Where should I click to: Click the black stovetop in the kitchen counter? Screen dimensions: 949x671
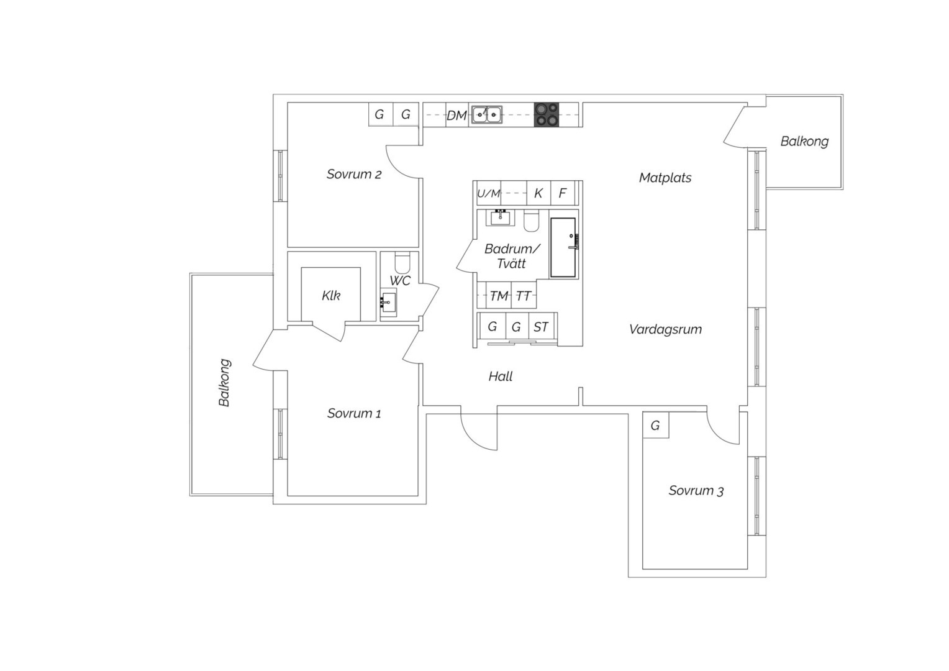(x=546, y=114)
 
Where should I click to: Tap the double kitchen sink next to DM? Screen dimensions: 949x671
(x=487, y=114)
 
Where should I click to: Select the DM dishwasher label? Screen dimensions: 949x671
(x=456, y=116)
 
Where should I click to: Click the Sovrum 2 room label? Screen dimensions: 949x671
(x=354, y=174)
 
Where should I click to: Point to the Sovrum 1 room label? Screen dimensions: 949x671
(x=354, y=413)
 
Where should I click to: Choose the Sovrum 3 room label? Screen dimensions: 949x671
(x=696, y=491)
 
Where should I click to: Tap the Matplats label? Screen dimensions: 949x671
(x=665, y=178)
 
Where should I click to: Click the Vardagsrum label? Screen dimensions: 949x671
(x=665, y=329)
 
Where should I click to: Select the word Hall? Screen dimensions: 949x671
(x=501, y=377)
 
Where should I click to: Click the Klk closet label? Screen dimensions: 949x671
(x=331, y=296)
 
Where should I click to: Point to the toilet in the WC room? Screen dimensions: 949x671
(x=402, y=263)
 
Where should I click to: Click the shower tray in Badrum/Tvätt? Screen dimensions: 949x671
(x=563, y=248)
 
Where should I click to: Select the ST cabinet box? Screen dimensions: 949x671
(x=541, y=326)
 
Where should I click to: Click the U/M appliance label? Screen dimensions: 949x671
(x=489, y=194)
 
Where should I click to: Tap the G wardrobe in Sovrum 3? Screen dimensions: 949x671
(x=656, y=425)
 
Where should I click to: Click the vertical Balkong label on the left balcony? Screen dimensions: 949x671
(x=225, y=383)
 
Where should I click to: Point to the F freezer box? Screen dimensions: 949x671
(x=563, y=193)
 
